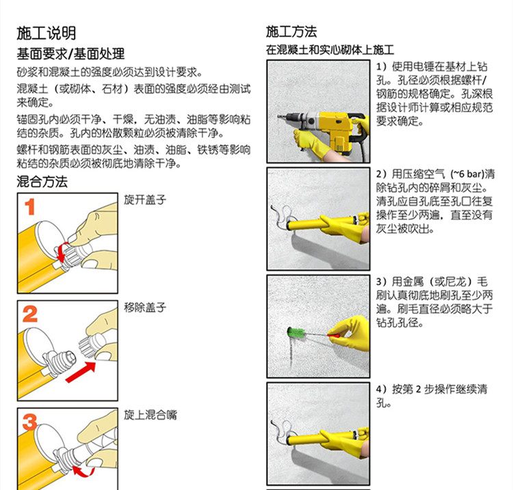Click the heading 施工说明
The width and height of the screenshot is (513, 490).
(46, 33)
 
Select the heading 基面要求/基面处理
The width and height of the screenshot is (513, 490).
(70, 54)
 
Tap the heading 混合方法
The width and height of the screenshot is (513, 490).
(42, 182)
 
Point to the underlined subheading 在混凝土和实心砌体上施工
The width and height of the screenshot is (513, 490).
(330, 50)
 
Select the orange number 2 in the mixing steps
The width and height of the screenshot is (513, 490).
(30, 314)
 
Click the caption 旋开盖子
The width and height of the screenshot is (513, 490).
(145, 200)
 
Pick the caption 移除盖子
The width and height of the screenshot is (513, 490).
(145, 308)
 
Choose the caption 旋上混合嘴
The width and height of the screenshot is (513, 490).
(150, 415)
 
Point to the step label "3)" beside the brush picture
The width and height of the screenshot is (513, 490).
(382, 282)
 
